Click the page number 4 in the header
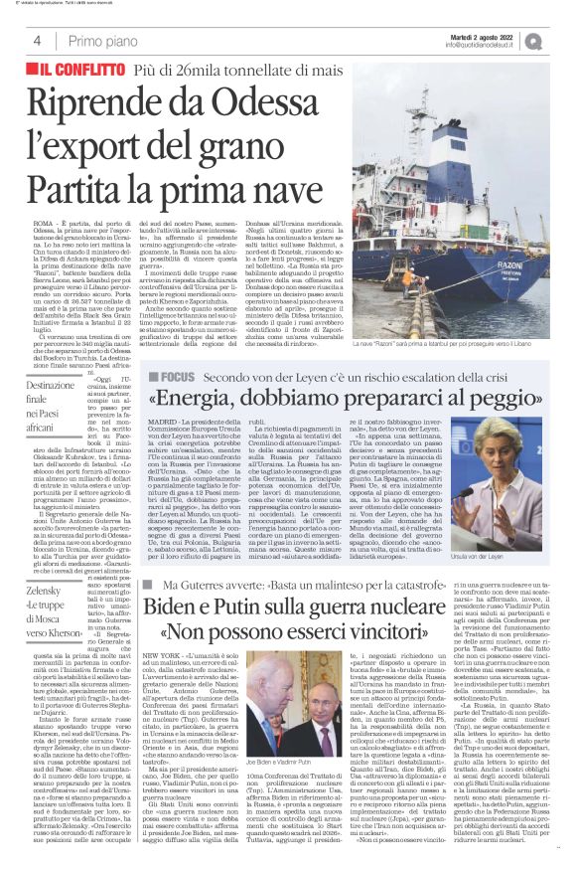point(37,40)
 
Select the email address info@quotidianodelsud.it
point(482,44)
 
